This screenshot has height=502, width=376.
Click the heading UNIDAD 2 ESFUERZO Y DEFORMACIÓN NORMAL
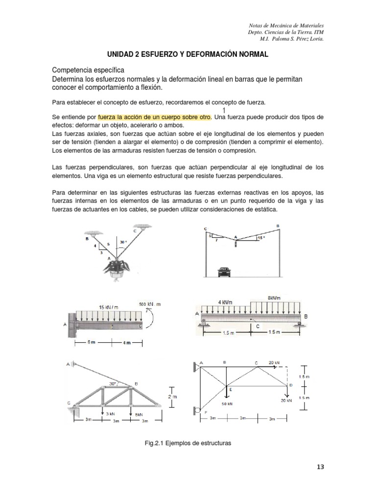pyautogui.click(x=188, y=55)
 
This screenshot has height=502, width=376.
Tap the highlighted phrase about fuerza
pyautogui.click(x=154, y=118)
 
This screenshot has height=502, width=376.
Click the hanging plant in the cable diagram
pyautogui.click(x=117, y=268)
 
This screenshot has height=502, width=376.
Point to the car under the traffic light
pyautogui.click(x=225, y=270)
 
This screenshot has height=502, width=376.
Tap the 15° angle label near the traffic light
pyautogui.click(x=261, y=238)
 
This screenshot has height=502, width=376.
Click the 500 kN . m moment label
pyautogui.click(x=150, y=304)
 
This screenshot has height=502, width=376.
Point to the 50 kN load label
pyautogui.click(x=227, y=403)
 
